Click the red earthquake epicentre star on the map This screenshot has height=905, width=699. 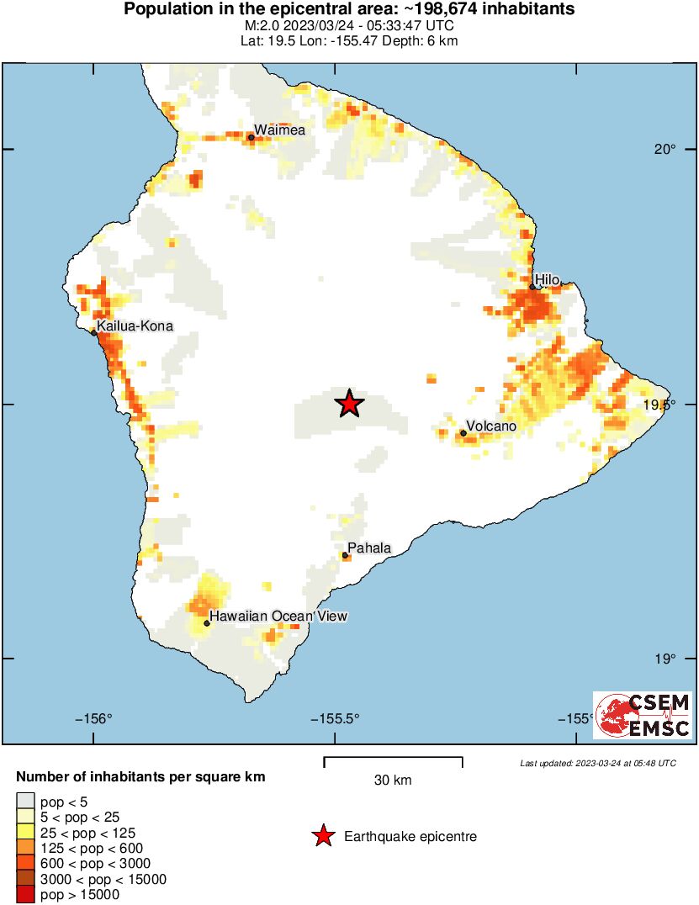click(x=350, y=405)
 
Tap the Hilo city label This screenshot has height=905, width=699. click(x=547, y=279)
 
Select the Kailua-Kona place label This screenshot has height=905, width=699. click(x=135, y=325)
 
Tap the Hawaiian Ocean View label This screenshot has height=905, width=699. click(x=278, y=617)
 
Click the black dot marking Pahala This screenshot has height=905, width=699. click(x=345, y=556)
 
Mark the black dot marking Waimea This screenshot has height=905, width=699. click(x=251, y=138)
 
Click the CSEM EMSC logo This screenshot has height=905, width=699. click(x=643, y=716)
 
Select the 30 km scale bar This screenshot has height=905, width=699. click(x=393, y=761)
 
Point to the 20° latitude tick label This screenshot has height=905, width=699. click(x=666, y=150)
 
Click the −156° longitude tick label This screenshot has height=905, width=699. click(x=93, y=718)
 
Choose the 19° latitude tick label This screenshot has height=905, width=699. click(x=666, y=659)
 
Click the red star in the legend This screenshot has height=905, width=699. click(x=322, y=836)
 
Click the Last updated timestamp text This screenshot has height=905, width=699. click(x=597, y=763)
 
